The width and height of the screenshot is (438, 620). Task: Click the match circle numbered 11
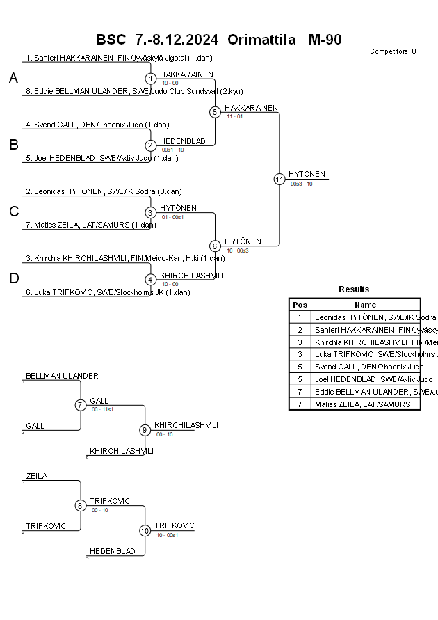point(279,179)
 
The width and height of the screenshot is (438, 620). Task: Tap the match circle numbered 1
point(151,79)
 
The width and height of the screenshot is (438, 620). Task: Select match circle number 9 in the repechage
point(145,430)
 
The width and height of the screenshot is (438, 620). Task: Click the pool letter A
point(13,79)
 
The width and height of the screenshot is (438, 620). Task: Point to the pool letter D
point(13,279)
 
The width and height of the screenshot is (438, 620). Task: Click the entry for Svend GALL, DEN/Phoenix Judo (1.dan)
point(97,125)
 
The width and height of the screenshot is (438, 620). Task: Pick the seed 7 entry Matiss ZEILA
point(91,225)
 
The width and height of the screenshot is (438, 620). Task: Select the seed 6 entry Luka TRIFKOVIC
point(108,292)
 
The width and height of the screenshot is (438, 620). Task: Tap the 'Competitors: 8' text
point(393,51)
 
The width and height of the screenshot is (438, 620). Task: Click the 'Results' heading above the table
point(354,289)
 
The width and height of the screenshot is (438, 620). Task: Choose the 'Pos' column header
point(300,304)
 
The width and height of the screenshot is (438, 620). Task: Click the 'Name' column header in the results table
point(365,304)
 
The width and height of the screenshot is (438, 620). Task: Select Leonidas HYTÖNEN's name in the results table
point(365,317)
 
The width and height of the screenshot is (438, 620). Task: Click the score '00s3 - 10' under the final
point(301,184)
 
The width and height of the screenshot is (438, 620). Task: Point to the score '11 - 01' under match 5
point(234,116)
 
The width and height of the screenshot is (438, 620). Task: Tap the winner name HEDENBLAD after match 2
point(183,141)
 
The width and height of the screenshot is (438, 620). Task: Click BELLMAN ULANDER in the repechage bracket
point(62,376)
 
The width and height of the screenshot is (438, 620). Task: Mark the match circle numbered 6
point(215,246)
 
